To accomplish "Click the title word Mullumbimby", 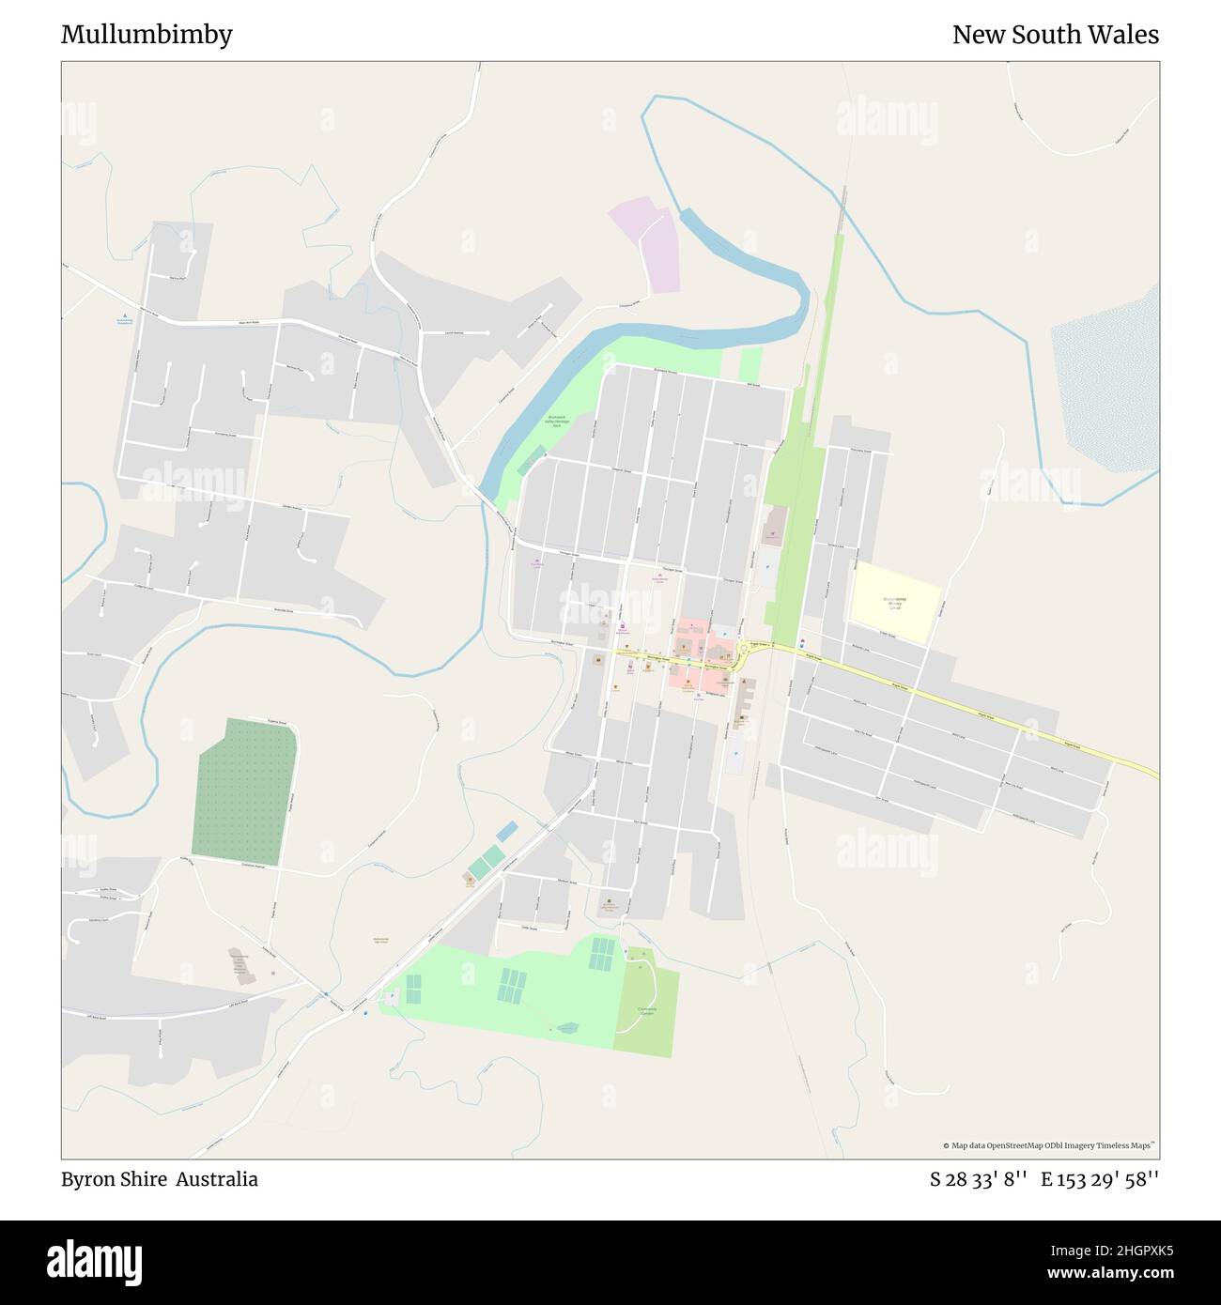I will [x=147, y=35].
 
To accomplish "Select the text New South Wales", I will [x=1055, y=35].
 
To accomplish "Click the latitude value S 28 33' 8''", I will [x=978, y=1179].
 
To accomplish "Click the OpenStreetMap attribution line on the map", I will [x=1049, y=1145].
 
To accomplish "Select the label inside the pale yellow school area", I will [x=894, y=603].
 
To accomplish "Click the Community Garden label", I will [x=646, y=1010].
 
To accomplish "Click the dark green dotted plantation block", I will [x=243, y=791].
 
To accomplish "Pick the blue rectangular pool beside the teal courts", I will [x=506, y=831].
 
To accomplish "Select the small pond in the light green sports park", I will [x=566, y=1028].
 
